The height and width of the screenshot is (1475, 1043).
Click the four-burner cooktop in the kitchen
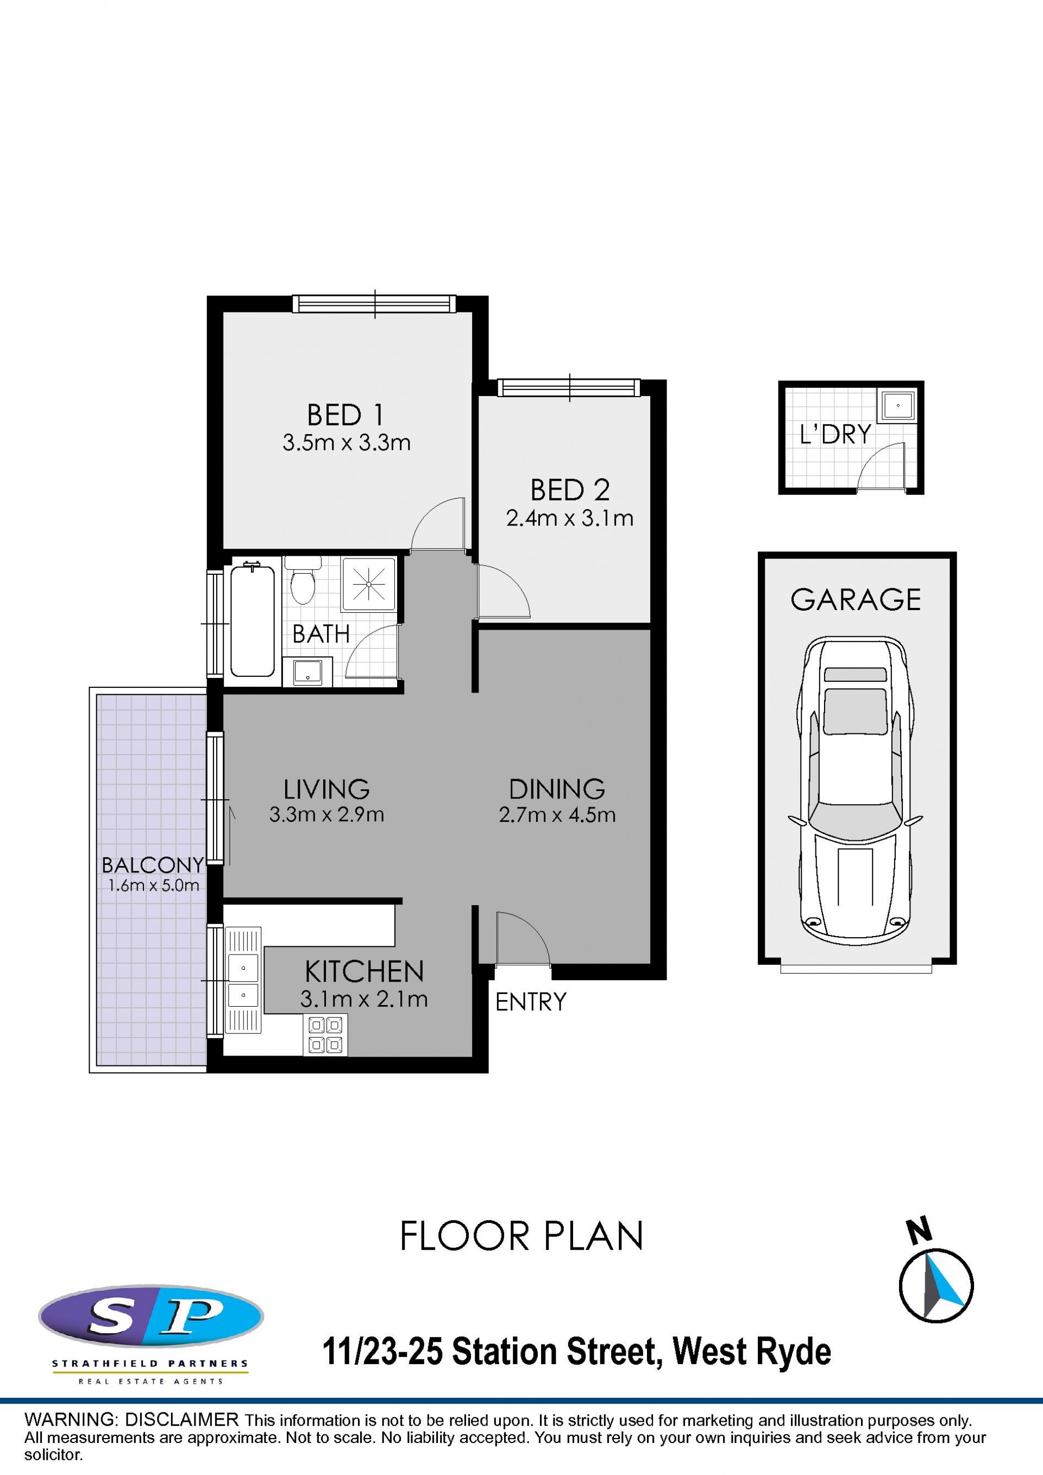tap(325, 1034)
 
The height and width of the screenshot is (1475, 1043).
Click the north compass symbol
tap(936, 1286)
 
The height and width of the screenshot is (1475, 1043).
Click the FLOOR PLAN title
tap(521, 1235)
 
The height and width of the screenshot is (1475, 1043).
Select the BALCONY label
tap(153, 865)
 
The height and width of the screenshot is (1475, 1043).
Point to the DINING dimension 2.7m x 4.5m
tap(557, 815)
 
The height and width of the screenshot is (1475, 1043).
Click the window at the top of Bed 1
tap(374, 304)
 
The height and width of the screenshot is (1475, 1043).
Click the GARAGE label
tap(856, 599)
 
